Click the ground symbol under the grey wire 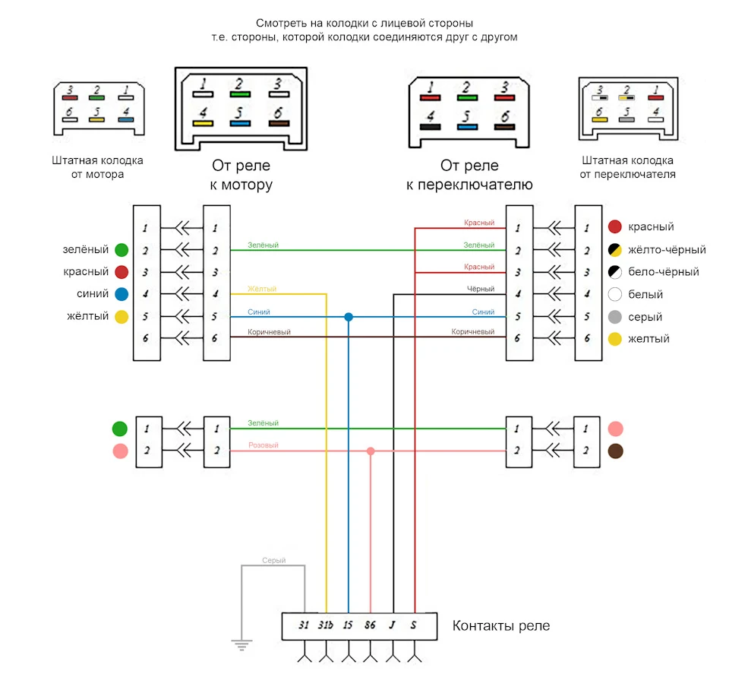click(241, 644)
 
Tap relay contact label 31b click(326, 625)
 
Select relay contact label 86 click(370, 625)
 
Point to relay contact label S click(413, 625)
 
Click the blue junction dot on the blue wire click(349, 317)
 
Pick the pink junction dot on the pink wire click(371, 451)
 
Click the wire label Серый click(274, 561)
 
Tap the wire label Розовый click(264, 445)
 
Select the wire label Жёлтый click(262, 289)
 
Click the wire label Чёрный click(481, 289)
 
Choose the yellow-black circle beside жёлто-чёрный click(615, 250)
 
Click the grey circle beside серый click(615, 317)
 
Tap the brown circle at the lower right click(616, 451)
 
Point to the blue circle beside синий click(121, 294)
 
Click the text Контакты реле click(501, 625)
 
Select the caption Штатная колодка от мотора click(98, 167)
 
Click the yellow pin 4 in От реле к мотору click(203, 123)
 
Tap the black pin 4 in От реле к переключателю click(430, 127)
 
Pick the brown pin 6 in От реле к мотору click(279, 123)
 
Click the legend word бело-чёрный click(664, 271)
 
